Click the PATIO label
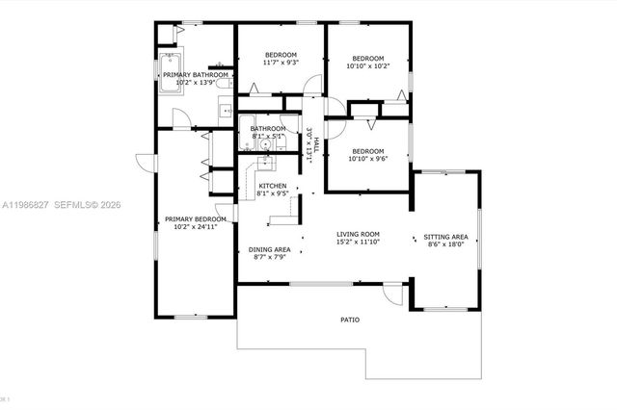point(349,320)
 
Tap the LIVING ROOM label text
point(358,234)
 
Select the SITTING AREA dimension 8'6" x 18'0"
point(445,244)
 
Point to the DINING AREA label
point(257,248)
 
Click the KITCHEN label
point(272,185)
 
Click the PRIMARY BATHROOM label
point(196,74)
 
